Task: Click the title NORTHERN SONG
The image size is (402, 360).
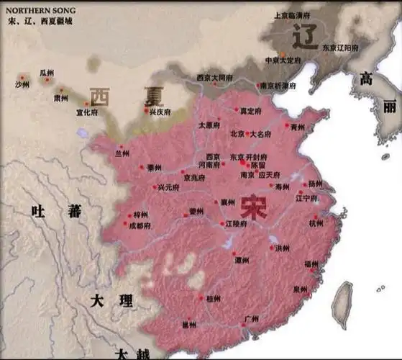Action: pyautogui.click(x=39, y=10)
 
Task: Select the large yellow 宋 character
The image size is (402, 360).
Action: pyautogui.click(x=254, y=207)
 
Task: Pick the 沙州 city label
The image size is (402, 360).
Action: pyautogui.click(x=23, y=84)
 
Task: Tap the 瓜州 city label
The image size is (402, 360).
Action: pyautogui.click(x=47, y=73)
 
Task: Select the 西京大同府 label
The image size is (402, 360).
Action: pyautogui.click(x=214, y=77)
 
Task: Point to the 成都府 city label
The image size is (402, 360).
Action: pyautogui.click(x=140, y=225)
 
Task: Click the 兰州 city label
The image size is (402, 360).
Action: pyautogui.click(x=122, y=153)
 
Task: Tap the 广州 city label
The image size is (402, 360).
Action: pyautogui.click(x=251, y=318)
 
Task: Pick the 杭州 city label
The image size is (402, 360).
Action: pyautogui.click(x=316, y=223)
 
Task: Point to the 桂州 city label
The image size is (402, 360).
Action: pyautogui.click(x=214, y=297)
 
